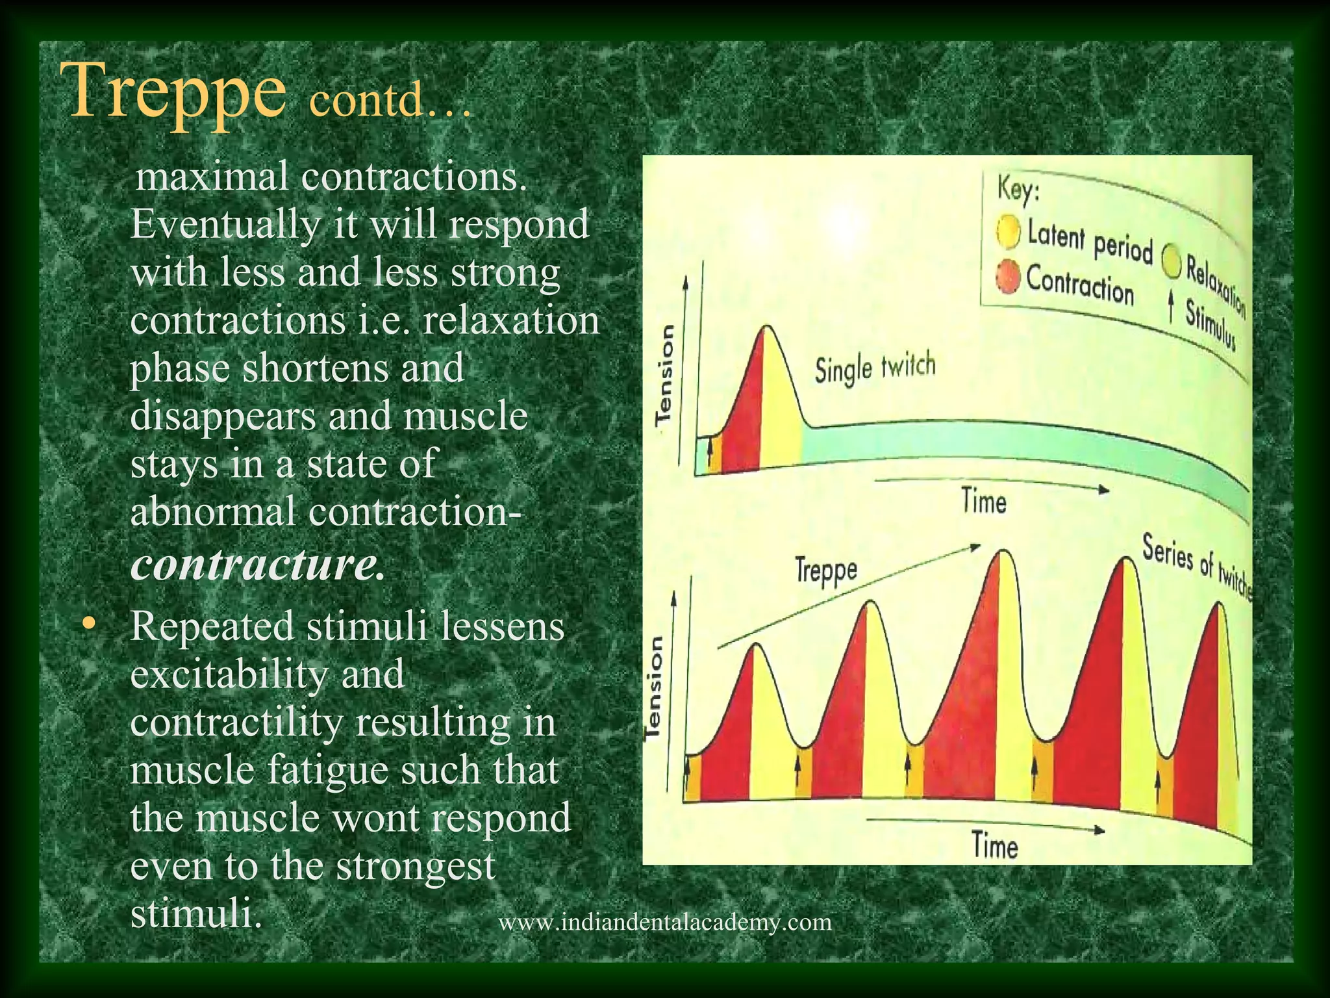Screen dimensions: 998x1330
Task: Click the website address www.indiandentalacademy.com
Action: pos(664,922)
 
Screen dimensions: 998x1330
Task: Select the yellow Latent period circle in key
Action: pos(1009,232)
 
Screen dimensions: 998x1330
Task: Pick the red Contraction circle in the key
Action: pos(1008,278)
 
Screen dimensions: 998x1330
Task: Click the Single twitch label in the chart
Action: pos(875,368)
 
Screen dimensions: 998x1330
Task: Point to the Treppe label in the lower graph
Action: pos(826,571)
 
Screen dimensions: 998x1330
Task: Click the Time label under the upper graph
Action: pos(984,502)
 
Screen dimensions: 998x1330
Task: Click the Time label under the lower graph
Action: pos(994,846)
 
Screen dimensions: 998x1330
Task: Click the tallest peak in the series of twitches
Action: pos(1004,552)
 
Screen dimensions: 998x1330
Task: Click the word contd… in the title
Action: pos(388,102)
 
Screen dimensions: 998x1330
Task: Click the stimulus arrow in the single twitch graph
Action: pos(710,446)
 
